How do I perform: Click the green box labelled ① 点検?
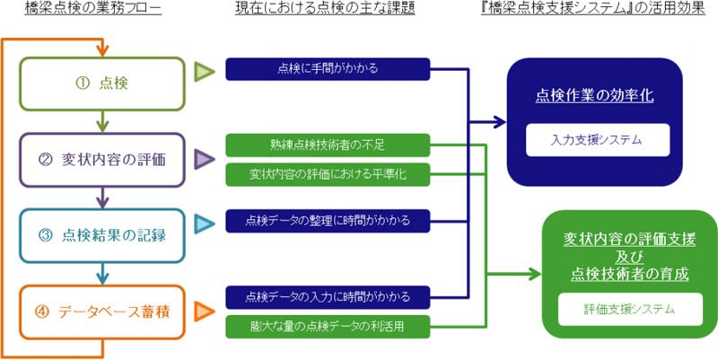point(104,83)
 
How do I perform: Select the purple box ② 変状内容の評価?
point(104,160)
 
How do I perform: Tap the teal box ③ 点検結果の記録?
point(104,235)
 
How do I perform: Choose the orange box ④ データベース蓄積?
point(104,312)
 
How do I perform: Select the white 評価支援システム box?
point(628,310)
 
